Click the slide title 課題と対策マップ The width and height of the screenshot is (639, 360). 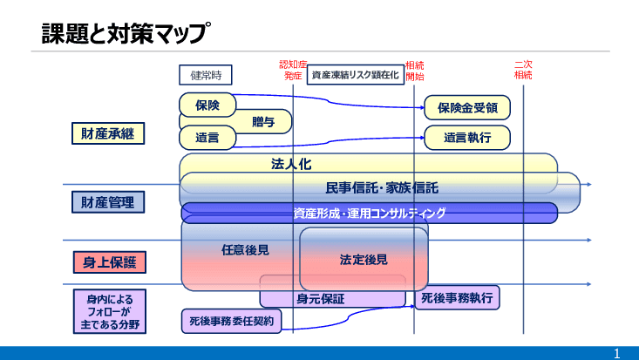126,33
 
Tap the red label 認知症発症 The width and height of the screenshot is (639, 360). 293,70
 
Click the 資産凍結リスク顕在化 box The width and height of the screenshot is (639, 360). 355,75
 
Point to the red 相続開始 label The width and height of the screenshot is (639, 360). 415,70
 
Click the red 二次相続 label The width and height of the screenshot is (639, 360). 523,70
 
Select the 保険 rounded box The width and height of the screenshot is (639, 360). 207,105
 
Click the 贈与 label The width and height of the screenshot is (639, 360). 262,122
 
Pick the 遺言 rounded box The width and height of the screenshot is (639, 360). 207,138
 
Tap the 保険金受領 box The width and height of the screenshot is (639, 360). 466,108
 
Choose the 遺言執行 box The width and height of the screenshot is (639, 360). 466,138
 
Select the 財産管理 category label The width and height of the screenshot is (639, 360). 107,203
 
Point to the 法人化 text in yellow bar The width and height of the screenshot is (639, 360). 290,164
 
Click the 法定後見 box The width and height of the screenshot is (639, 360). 364,259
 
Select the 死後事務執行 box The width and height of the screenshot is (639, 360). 456,297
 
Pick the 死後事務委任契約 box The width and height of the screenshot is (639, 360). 231,322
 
